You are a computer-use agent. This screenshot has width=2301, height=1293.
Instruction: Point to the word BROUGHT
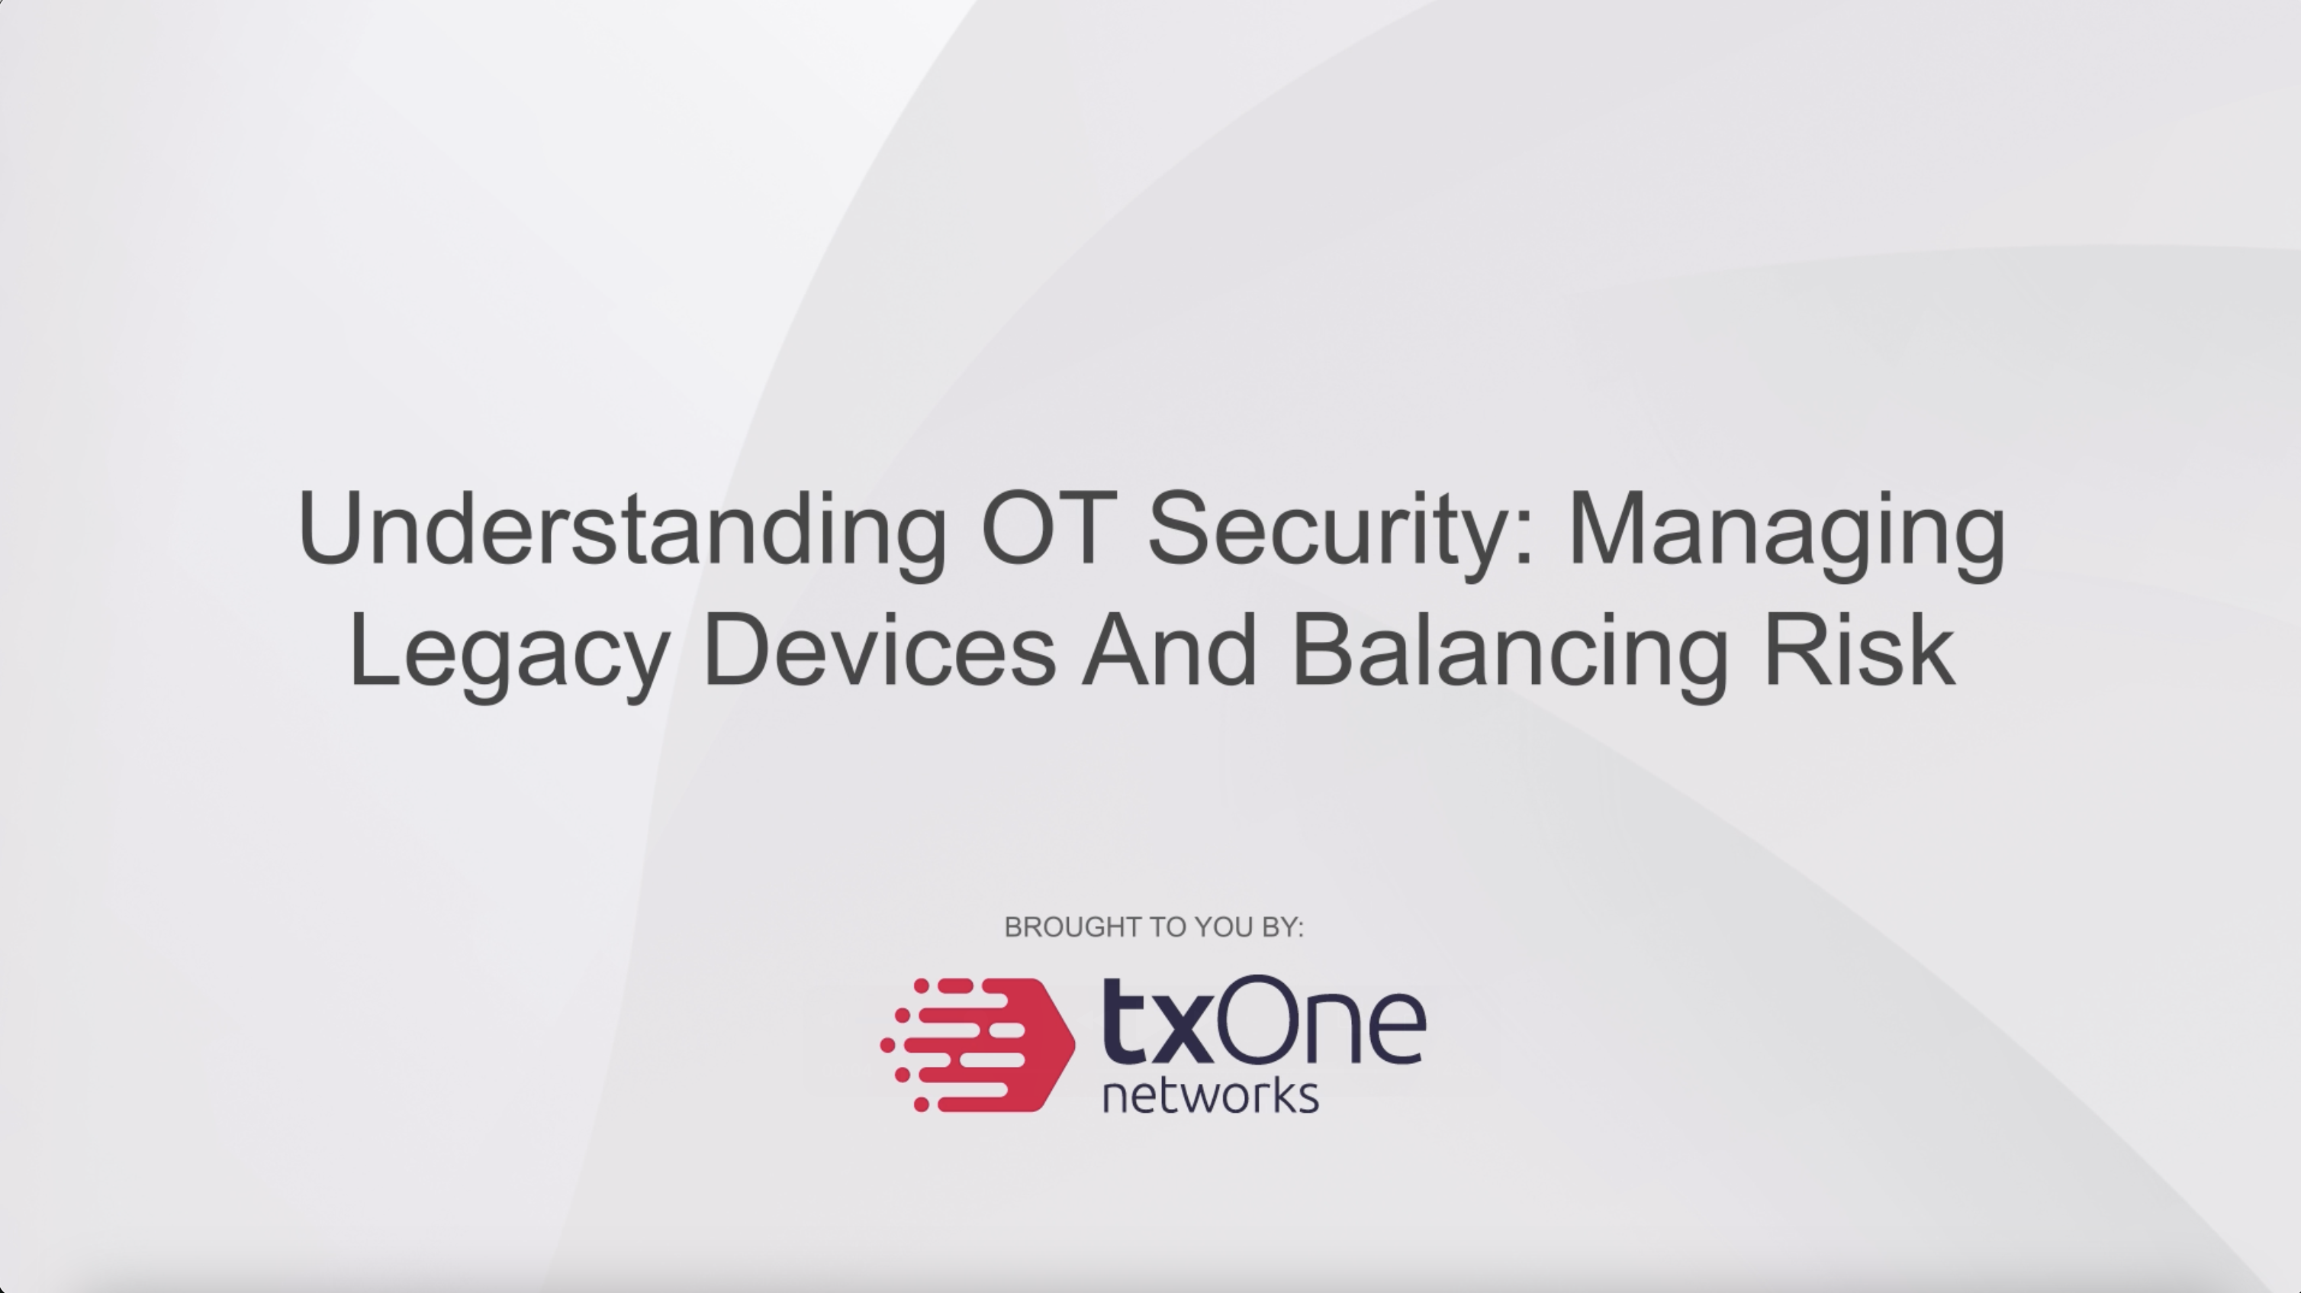(1064, 927)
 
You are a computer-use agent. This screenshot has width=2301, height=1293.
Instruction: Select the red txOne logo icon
(978, 1045)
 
